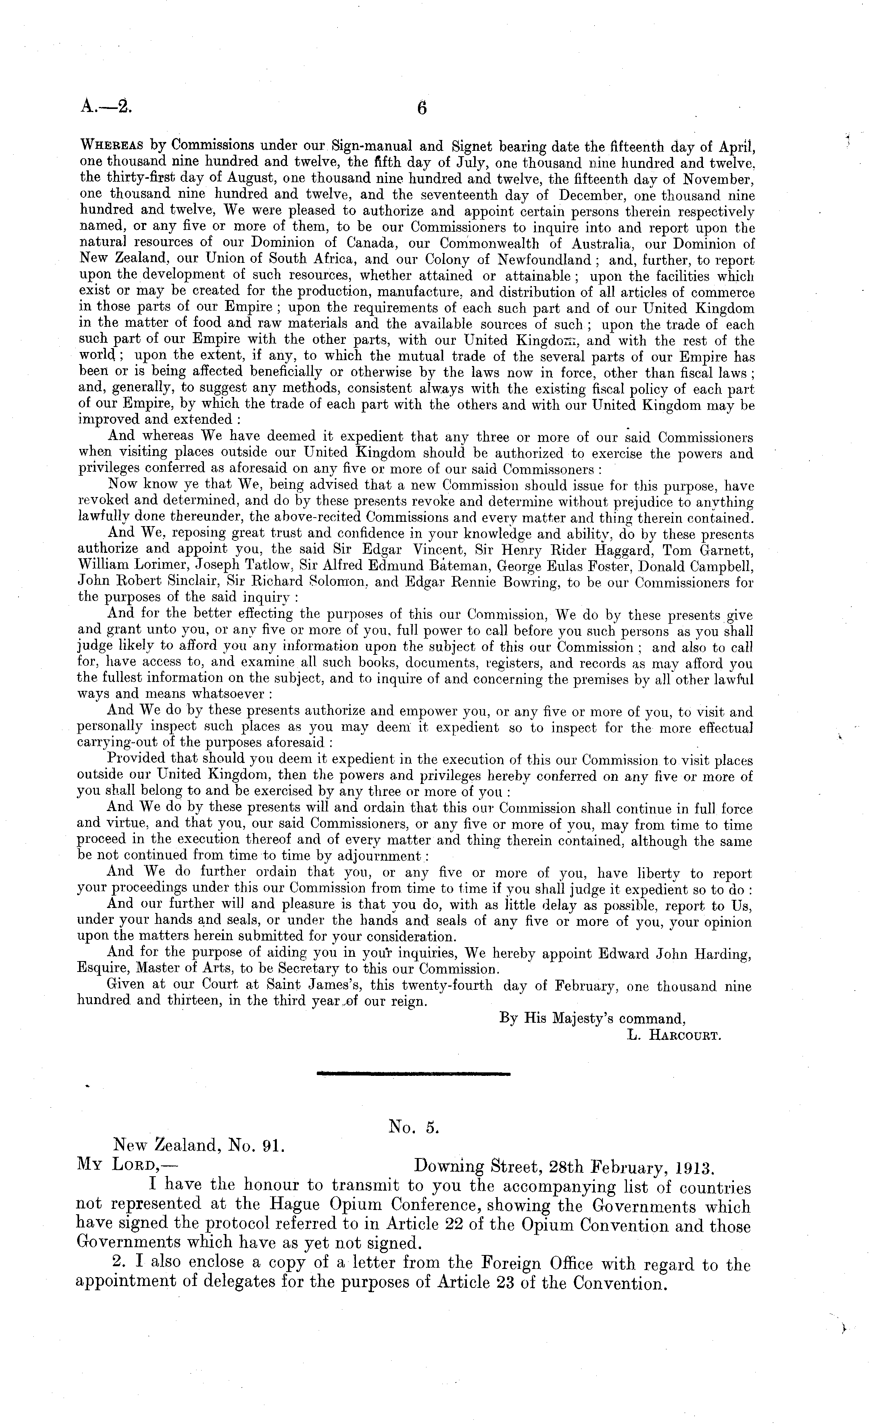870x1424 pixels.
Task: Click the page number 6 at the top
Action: point(422,108)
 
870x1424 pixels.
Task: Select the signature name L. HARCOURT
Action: point(673,1035)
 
